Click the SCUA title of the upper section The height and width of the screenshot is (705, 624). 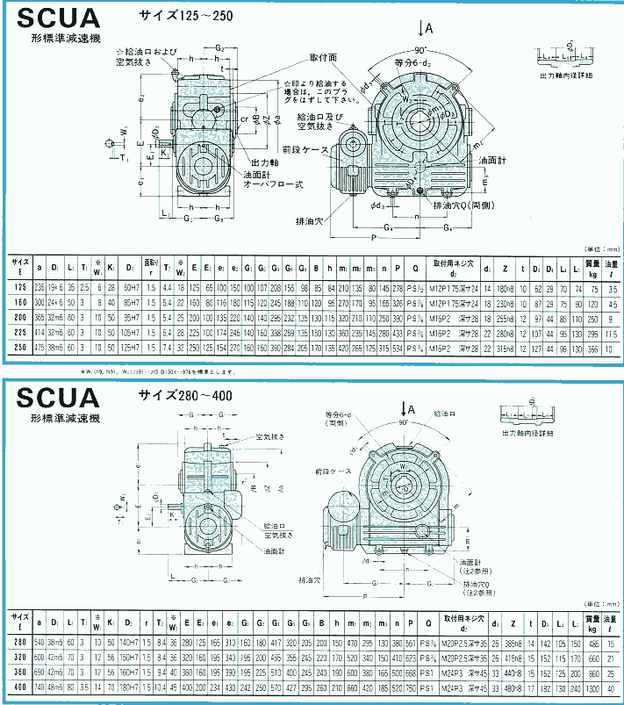[x=55, y=20]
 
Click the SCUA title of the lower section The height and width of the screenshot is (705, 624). [x=55, y=397]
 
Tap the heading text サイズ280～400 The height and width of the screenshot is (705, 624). [x=185, y=396]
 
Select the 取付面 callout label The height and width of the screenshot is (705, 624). [x=323, y=57]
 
